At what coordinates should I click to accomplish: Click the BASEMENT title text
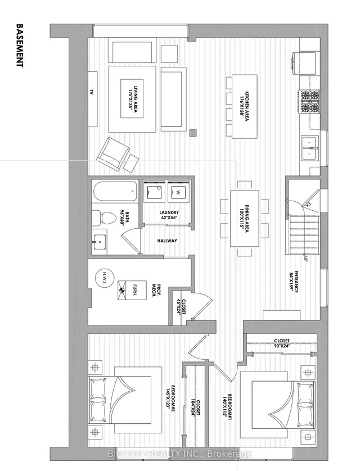tap(20, 45)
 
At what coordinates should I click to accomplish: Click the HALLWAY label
tap(168, 241)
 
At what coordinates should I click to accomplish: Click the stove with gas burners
tap(309, 102)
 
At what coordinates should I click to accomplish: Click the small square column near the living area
tap(193, 133)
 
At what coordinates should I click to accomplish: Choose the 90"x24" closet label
tap(282, 343)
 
